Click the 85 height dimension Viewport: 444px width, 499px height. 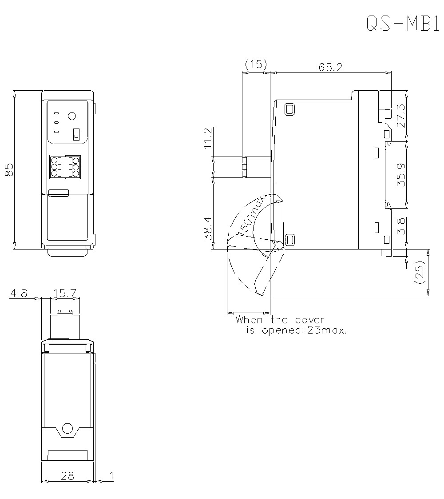pyautogui.click(x=9, y=169)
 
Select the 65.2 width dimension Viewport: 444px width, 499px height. pyautogui.click(x=330, y=67)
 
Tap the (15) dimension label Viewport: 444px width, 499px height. pyautogui.click(x=255, y=64)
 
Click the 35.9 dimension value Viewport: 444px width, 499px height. pyautogui.click(x=400, y=175)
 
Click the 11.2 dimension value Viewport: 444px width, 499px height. pyautogui.click(x=208, y=139)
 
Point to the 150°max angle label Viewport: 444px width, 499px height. pyautogui.click(x=251, y=215)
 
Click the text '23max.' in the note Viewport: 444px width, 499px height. pyautogui.click(x=327, y=330)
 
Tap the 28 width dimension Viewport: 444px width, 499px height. pyautogui.click(x=67, y=476)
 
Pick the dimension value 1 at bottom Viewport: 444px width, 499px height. pyautogui.click(x=111, y=476)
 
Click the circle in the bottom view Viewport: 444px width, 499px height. pyautogui.click(x=67, y=428)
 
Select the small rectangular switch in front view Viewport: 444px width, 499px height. pyautogui.click(x=76, y=135)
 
